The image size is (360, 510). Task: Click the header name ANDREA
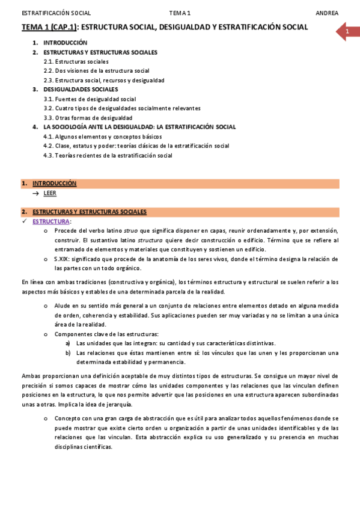click(327, 13)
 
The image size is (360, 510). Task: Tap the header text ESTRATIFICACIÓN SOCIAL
click(48, 13)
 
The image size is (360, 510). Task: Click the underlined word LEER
click(50, 193)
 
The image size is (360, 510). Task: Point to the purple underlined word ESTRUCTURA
click(51, 221)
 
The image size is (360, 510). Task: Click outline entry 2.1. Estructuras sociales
click(76, 61)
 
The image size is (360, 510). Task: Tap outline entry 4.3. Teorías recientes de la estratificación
click(108, 156)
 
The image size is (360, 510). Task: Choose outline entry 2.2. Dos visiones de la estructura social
click(97, 71)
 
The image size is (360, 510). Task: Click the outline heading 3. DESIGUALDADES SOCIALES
click(81, 90)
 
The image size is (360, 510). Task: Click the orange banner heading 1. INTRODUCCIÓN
click(55, 183)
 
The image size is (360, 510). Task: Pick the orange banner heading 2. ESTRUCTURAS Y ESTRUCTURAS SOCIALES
click(90, 212)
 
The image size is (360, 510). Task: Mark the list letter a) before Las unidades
click(68, 343)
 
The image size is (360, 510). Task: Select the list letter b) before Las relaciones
click(68, 352)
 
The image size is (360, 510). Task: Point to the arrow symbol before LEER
click(36, 193)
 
